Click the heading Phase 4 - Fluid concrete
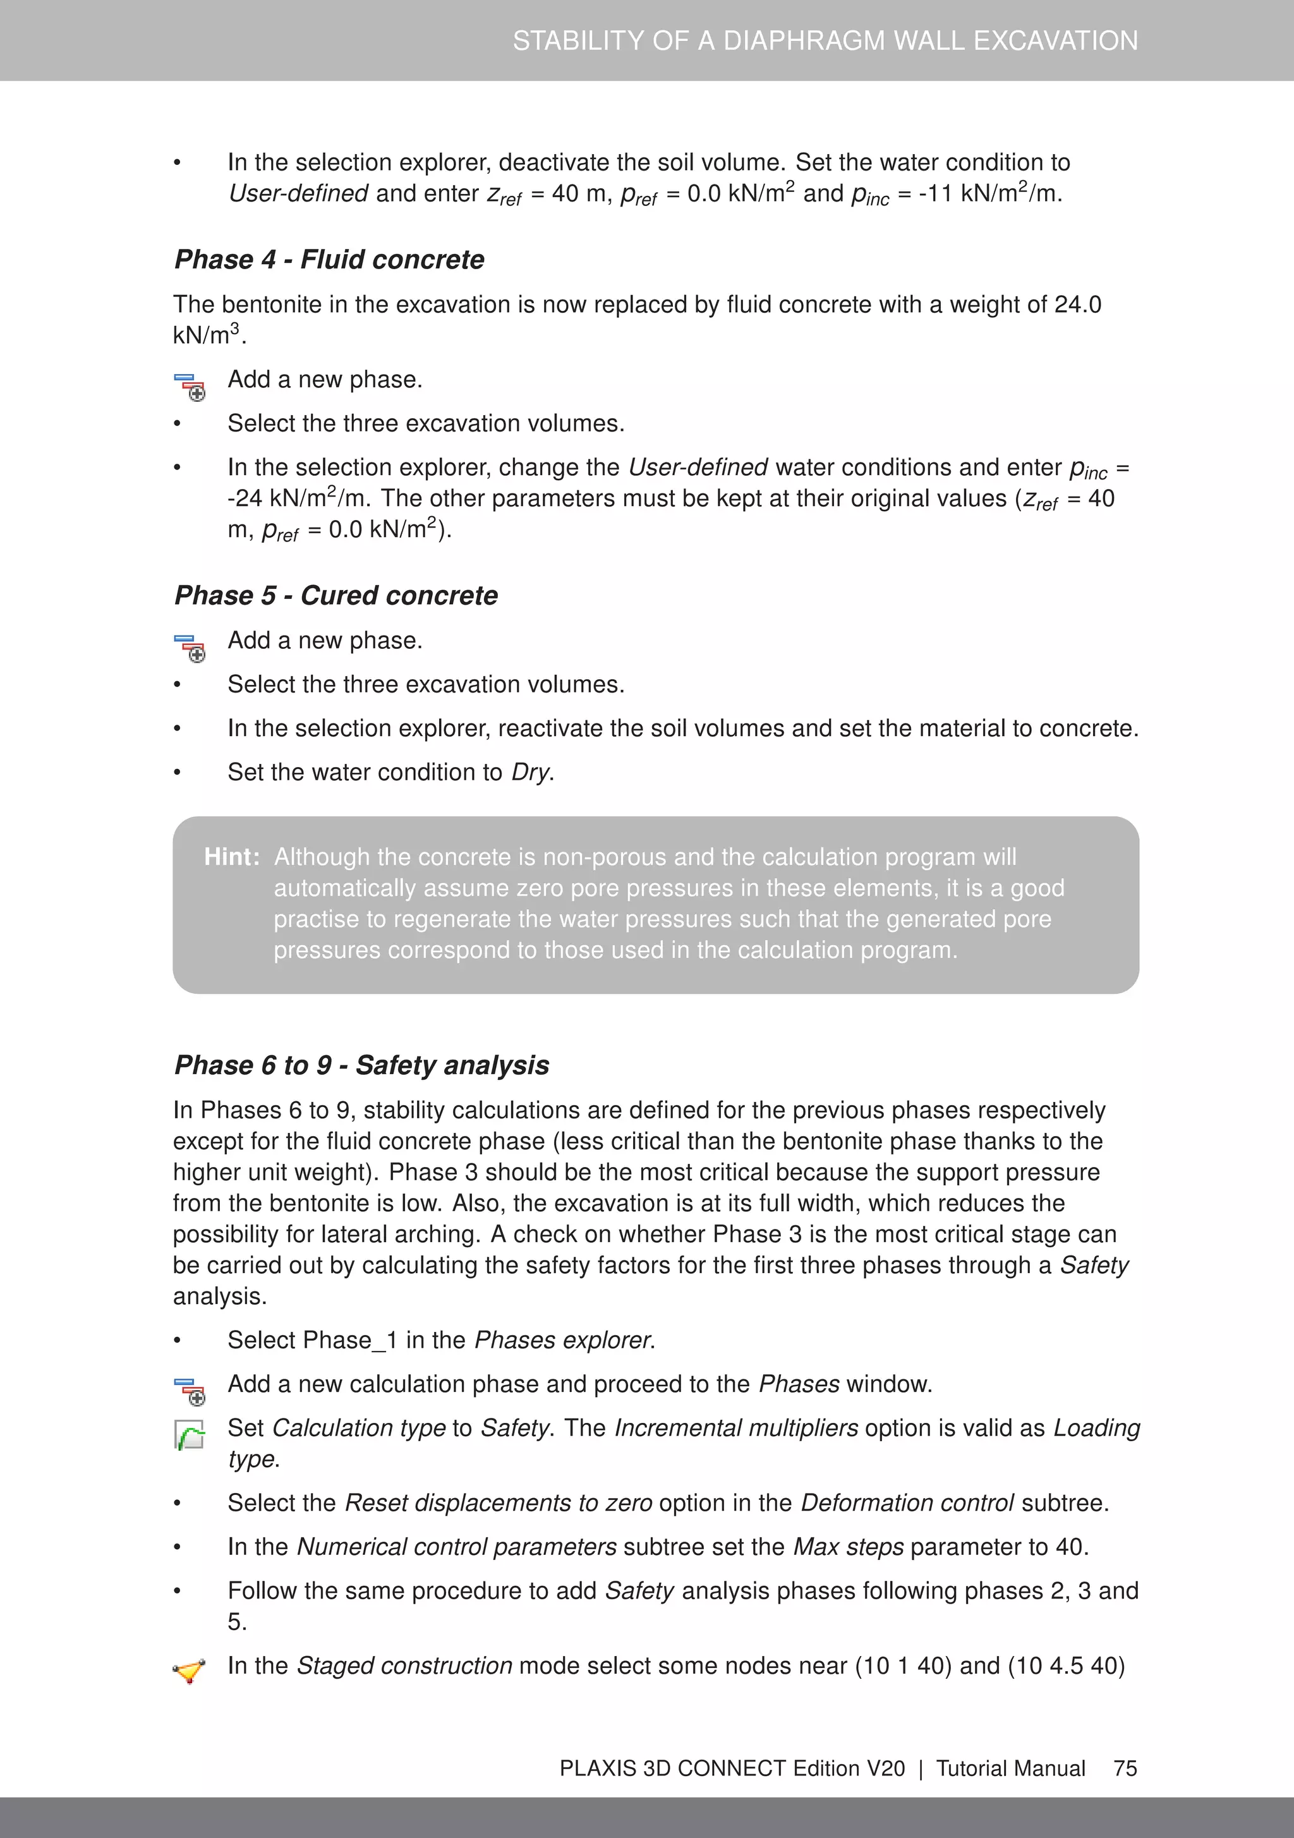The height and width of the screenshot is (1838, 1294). tap(329, 260)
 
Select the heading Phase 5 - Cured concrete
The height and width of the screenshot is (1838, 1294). tap(336, 596)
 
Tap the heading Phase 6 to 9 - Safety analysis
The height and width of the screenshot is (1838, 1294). tap(361, 1065)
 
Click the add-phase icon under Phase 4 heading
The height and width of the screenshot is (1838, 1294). tap(190, 387)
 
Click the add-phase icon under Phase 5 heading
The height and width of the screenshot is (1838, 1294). tap(190, 648)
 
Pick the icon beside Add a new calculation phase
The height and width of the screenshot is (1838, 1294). tap(190, 1391)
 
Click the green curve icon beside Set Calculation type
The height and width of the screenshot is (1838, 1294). tap(190, 1434)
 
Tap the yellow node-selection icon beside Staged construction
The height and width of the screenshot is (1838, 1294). tap(190, 1671)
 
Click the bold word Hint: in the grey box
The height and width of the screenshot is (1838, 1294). tap(231, 857)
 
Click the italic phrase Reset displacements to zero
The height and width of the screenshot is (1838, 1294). tap(498, 1502)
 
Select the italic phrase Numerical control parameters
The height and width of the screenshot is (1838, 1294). tap(456, 1547)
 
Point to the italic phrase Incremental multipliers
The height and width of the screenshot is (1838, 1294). tap(736, 1428)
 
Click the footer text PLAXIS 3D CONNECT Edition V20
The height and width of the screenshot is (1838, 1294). tap(732, 1768)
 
